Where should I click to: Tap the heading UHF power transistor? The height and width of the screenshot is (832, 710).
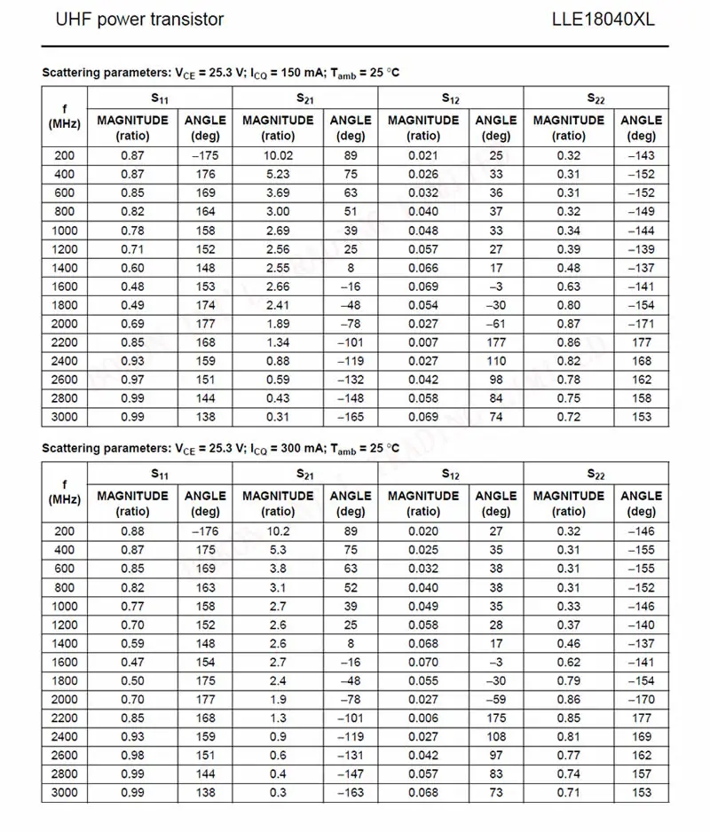(x=139, y=19)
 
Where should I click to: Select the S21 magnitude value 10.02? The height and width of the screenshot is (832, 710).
(x=278, y=156)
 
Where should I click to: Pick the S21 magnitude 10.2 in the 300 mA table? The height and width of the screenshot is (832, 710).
(x=278, y=531)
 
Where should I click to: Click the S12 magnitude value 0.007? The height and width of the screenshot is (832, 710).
(x=423, y=342)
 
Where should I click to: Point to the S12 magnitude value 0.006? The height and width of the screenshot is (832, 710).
(x=423, y=718)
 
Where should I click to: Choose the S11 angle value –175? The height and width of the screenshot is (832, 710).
(x=205, y=156)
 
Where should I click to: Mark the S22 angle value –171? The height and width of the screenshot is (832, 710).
(x=641, y=324)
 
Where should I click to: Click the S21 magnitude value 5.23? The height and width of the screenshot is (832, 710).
(x=278, y=175)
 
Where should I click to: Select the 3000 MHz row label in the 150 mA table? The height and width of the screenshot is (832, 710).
(x=65, y=417)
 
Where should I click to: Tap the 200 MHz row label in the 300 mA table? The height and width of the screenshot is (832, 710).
(x=65, y=531)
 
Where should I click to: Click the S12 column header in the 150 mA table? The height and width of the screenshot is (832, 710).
(x=451, y=98)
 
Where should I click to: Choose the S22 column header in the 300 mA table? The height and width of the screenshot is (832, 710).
(x=596, y=474)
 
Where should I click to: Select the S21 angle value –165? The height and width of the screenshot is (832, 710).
(x=351, y=417)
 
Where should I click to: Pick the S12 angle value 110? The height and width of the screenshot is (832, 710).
(x=496, y=361)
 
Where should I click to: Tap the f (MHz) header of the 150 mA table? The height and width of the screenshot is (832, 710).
(x=65, y=116)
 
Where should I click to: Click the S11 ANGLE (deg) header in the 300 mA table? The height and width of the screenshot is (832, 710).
(x=205, y=503)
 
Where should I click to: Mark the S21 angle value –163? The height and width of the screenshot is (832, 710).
(x=351, y=792)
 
